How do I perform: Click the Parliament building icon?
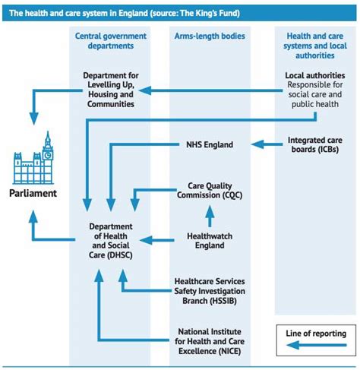coord(33,157)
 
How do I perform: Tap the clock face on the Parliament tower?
coord(48,155)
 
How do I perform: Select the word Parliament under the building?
coord(33,193)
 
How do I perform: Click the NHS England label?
coord(210,144)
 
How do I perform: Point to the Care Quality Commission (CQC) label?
coord(210,191)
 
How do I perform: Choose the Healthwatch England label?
coord(210,241)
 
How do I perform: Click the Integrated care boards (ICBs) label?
coord(315,144)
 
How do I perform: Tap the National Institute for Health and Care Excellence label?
coord(210,341)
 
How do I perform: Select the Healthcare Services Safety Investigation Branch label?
coord(210,291)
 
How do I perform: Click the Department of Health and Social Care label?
coord(111,241)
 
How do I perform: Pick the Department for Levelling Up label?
coord(111,90)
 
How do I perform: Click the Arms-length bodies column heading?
coord(210,36)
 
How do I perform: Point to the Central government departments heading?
coord(111,41)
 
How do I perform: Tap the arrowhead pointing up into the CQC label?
coord(210,211)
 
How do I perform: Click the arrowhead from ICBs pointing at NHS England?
coord(257,144)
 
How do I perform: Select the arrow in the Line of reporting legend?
coord(317,345)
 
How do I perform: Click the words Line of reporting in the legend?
coord(316,334)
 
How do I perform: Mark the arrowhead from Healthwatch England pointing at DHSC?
coord(146,240)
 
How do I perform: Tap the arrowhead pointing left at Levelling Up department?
coord(145,90)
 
